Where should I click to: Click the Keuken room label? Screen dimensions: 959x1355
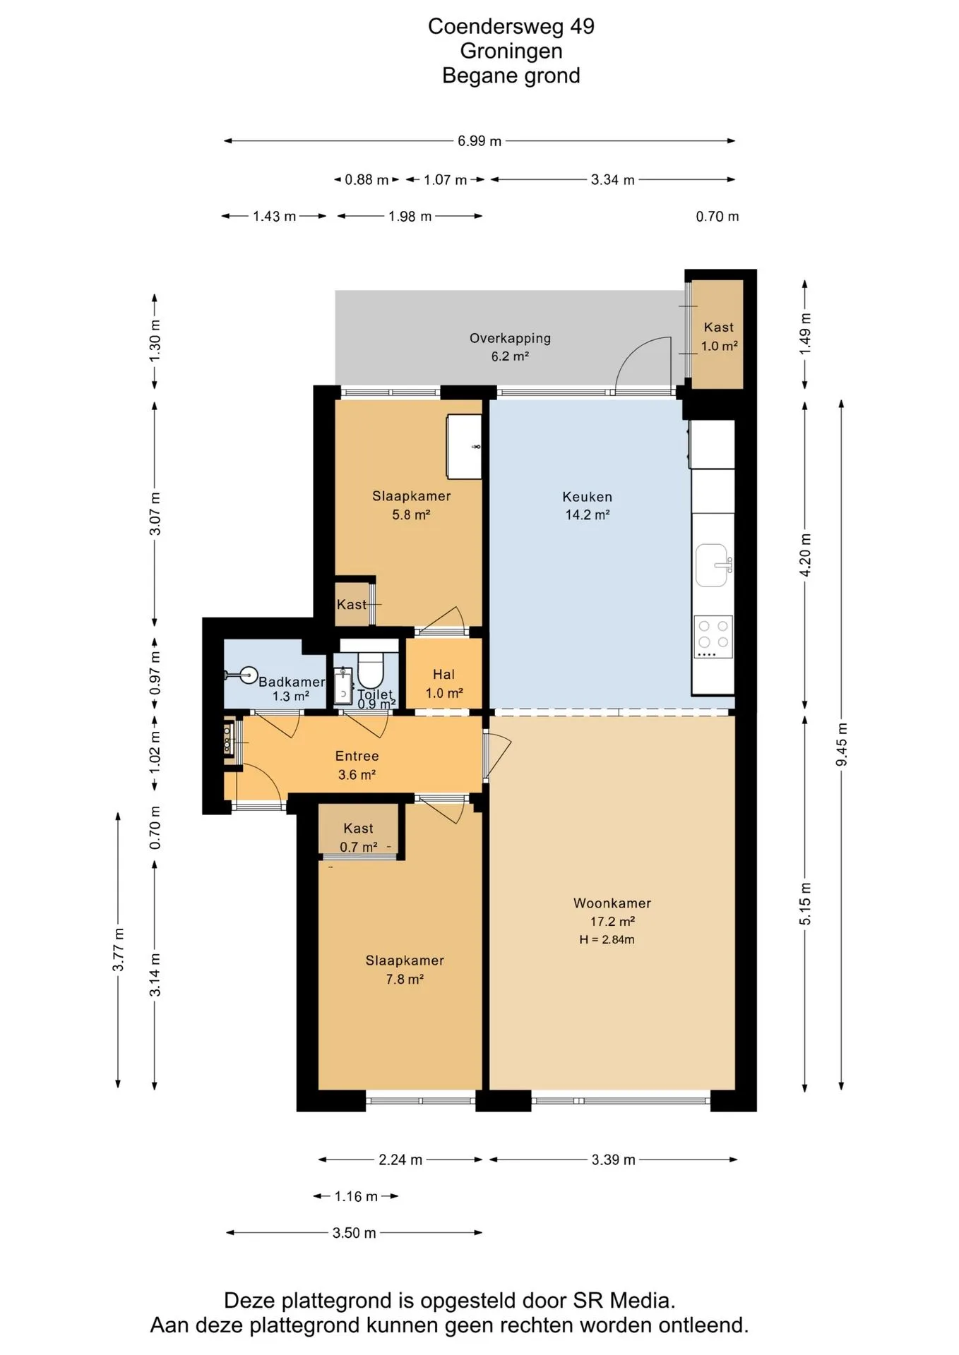[587, 497]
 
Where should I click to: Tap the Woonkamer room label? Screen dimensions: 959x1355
[612, 903]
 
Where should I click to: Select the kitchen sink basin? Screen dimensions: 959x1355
[713, 565]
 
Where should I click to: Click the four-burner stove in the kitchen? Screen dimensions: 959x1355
[713, 637]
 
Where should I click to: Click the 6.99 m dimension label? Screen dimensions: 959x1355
[480, 141]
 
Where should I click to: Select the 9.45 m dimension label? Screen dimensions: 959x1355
[842, 745]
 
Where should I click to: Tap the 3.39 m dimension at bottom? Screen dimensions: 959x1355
[614, 1160]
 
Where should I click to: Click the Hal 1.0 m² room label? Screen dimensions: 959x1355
[444, 684]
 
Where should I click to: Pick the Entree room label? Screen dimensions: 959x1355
[357, 756]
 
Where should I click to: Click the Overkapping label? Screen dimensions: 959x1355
[510, 338]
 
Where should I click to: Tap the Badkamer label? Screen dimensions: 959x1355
[292, 682]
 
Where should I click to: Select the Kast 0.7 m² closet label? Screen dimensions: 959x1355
[359, 837]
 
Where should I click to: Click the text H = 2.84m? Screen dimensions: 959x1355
[607, 939]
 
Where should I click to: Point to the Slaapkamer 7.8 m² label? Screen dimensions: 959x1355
[405, 970]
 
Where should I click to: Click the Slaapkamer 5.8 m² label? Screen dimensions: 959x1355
[412, 505]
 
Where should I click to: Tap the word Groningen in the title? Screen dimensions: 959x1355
[511, 51]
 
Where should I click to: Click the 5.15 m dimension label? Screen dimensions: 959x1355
[805, 903]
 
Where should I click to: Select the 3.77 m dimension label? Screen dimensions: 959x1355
[118, 950]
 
